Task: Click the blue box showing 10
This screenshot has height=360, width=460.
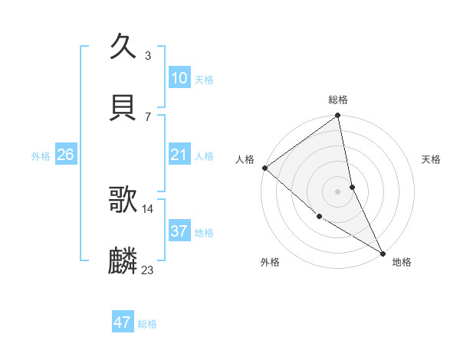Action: click(x=179, y=78)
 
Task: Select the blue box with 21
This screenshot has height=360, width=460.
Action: click(x=179, y=155)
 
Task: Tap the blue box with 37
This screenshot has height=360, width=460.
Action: click(x=179, y=231)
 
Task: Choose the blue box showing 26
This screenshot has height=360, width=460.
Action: click(x=65, y=155)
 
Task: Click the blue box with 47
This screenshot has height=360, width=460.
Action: click(x=123, y=322)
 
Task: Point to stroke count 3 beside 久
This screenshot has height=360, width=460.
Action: click(x=147, y=56)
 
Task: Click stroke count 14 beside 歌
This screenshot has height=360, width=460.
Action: click(x=148, y=208)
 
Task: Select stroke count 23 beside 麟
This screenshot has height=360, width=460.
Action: click(x=148, y=270)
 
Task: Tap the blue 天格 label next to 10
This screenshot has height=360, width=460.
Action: click(x=204, y=80)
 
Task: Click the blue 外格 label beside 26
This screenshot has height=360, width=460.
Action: click(x=41, y=156)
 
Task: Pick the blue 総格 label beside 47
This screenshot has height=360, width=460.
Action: click(x=147, y=324)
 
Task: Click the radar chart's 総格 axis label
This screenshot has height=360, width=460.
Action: click(x=338, y=100)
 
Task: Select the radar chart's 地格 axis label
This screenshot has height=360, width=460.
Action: click(x=402, y=262)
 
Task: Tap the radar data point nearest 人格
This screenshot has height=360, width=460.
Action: click(x=264, y=168)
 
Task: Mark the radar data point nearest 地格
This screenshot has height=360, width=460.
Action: click(x=383, y=252)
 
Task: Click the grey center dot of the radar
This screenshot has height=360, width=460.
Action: click(x=338, y=191)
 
